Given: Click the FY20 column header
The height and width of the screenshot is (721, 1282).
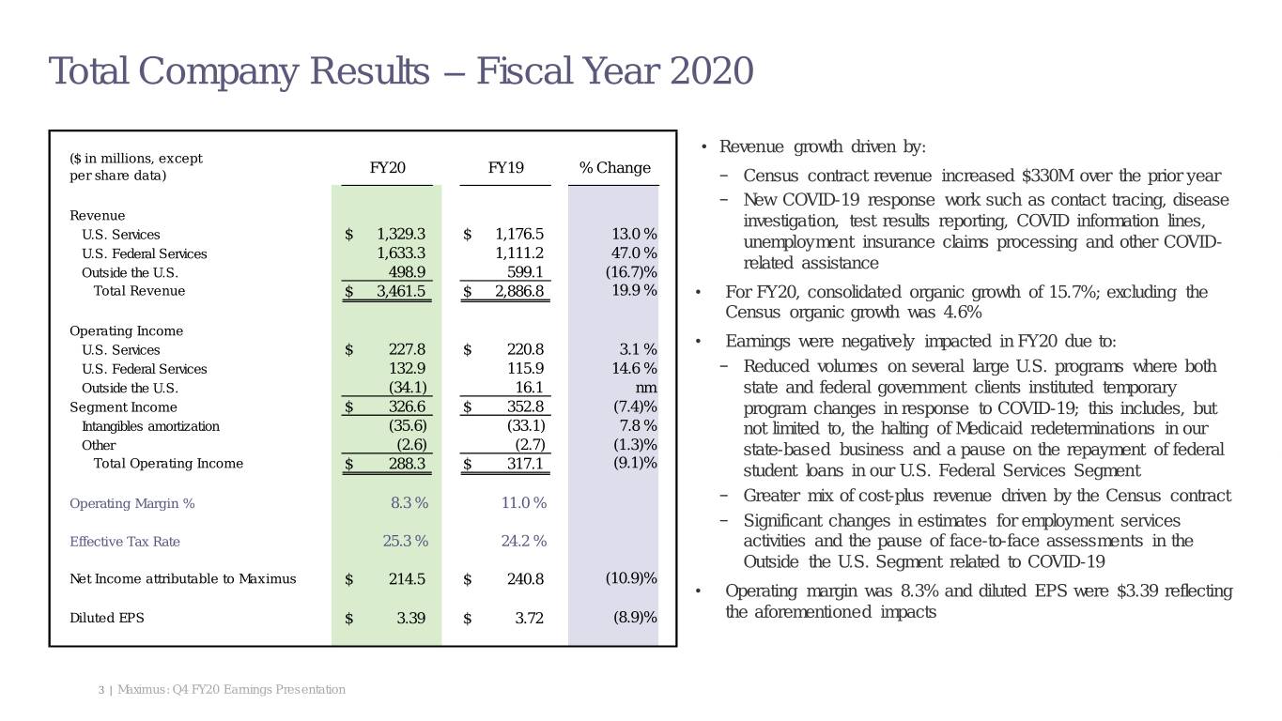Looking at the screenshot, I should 387,168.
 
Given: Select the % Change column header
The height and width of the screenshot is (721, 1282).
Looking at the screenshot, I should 614,168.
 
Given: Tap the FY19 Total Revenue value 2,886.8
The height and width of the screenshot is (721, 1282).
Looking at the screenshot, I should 518,291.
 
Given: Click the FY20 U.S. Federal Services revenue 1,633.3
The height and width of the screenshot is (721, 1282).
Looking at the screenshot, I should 401,253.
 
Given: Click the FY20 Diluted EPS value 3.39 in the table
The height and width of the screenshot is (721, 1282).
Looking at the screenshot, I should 410,619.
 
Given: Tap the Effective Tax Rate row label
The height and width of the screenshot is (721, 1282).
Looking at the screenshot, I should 125,542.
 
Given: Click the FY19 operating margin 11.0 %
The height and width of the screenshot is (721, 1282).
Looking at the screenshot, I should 523,503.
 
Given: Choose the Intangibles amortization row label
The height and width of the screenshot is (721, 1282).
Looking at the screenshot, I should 150,426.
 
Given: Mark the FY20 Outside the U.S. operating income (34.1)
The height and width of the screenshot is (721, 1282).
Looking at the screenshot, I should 408,388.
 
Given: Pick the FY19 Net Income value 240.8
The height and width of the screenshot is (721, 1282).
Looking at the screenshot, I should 525,579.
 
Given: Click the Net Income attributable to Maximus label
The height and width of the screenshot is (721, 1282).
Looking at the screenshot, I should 182,578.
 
